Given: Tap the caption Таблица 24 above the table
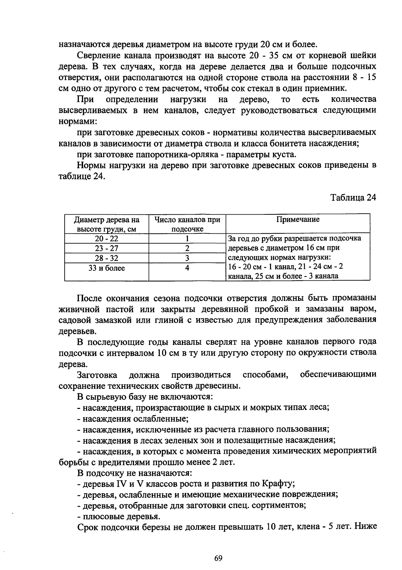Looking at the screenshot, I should pos(353,198).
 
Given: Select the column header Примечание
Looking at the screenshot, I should pos(298,220).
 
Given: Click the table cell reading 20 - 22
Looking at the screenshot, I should pos(107,239).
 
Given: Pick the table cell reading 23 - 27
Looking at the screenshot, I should pos(107,248).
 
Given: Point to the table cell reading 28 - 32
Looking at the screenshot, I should pos(107,258).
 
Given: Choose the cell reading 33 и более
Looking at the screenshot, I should pos(107,268).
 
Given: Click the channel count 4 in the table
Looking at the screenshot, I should pos(187,268).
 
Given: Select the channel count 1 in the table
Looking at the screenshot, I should pos(187,239).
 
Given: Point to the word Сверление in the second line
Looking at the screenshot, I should pos(97,55).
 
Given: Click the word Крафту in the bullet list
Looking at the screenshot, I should pos(278,484).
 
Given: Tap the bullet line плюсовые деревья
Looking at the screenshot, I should pos(120,516).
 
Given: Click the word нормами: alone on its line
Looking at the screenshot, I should pos(78,122).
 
